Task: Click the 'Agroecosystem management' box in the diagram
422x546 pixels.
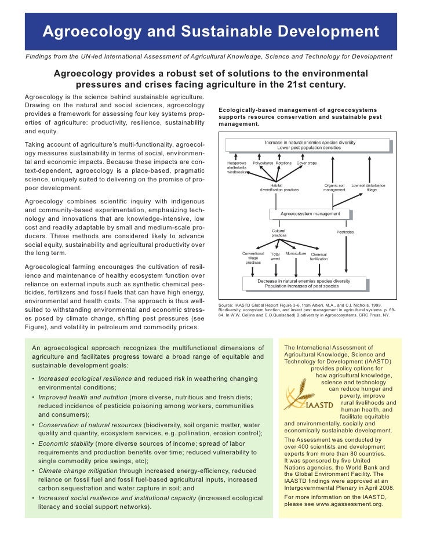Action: (x=310, y=213)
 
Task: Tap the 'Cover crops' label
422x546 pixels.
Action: (x=307, y=163)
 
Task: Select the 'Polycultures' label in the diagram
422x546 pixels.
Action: (x=263, y=163)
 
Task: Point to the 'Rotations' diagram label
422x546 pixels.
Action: (x=284, y=163)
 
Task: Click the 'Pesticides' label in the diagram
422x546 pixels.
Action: (x=345, y=232)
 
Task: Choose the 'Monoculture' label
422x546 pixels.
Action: (x=296, y=254)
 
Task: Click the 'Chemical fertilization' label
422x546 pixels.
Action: (x=319, y=257)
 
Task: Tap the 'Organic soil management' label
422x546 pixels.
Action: (x=334, y=188)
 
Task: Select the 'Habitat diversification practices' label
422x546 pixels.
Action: (x=279, y=188)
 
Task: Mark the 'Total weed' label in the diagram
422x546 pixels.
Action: (x=275, y=257)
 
